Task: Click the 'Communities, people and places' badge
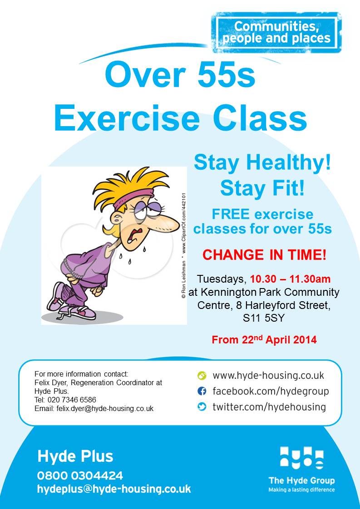tap(276, 33)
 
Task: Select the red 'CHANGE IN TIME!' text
tap(264, 255)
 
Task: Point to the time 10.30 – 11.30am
tap(290, 279)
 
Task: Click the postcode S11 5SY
tap(263, 318)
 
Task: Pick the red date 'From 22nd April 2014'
tap(264, 339)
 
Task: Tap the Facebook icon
tap(202, 391)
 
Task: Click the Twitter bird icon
tap(202, 406)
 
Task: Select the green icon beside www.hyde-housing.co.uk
tap(202, 376)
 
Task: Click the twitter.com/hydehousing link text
tap(269, 407)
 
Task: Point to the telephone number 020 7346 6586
tap(72, 400)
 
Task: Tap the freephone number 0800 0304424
tap(80, 475)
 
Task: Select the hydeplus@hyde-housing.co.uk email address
tap(114, 489)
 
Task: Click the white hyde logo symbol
tap(302, 458)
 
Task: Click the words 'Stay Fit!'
tap(262, 188)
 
